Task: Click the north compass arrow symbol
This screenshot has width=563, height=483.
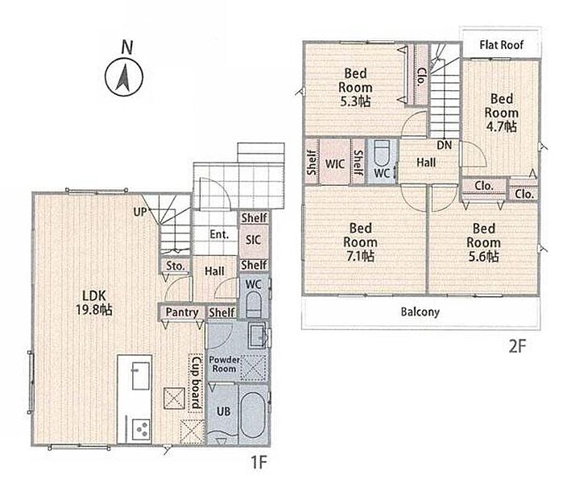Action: coord(124,77)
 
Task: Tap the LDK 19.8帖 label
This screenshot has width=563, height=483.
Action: coord(94,303)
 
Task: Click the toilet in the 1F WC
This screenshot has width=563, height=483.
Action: coord(254,303)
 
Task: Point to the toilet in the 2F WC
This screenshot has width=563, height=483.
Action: coord(381,152)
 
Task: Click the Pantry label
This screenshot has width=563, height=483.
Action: coord(182,312)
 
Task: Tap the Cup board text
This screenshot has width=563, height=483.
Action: coord(196,382)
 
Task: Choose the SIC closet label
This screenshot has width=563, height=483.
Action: coord(253,240)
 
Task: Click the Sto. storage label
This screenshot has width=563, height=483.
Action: coord(176,266)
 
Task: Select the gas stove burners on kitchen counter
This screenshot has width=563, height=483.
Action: coord(142,429)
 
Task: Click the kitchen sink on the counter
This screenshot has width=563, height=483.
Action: coord(140,376)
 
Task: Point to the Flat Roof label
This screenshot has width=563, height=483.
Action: coord(501,45)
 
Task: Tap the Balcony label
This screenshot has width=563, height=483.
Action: coord(420,312)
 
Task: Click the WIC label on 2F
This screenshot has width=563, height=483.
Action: coord(335,164)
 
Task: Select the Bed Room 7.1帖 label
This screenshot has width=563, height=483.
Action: coord(360,242)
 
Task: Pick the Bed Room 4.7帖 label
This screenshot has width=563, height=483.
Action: coord(501,113)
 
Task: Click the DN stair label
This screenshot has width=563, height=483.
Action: coord(444,145)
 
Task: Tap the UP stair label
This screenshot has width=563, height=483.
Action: coord(140,212)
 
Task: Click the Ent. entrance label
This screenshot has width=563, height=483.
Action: coord(219,234)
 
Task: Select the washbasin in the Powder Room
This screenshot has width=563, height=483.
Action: coord(258,336)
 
